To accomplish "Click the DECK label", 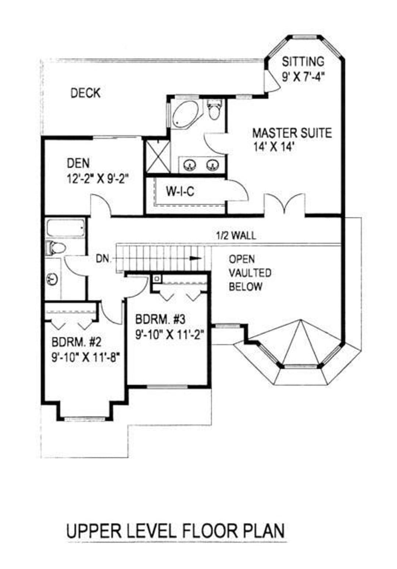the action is (x=85, y=93).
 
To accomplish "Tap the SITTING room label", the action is (x=303, y=61).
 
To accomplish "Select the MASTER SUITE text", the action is (x=292, y=133).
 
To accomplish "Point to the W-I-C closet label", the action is (x=180, y=191).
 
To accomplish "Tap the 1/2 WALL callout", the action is (x=236, y=236).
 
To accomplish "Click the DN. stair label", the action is (x=104, y=259).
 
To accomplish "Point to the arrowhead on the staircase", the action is (x=196, y=258).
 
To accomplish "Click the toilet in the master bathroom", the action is (x=214, y=110).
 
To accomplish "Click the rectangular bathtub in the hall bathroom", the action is (x=66, y=228).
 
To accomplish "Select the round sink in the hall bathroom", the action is (x=52, y=279).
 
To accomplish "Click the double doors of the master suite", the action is (x=284, y=203).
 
